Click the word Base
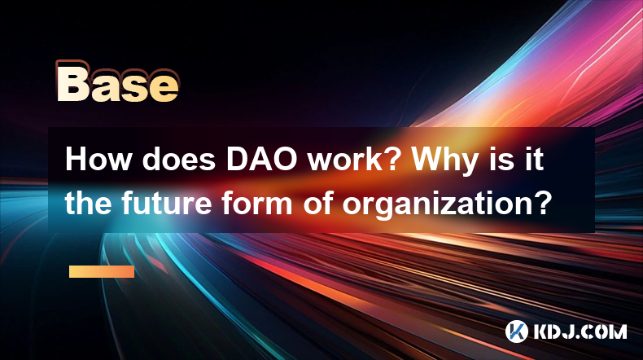point(118,82)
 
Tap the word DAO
point(261,160)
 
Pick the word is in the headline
point(502,160)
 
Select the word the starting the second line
point(87,203)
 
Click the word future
point(166,203)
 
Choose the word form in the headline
point(256,203)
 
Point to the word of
point(317,203)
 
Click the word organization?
point(445,205)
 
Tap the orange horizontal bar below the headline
point(102,271)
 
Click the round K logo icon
point(517,331)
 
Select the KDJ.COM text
point(580,331)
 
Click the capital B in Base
point(73,82)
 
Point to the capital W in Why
point(426,160)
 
